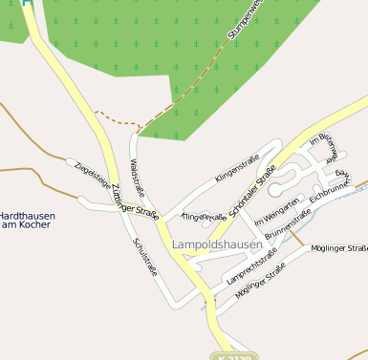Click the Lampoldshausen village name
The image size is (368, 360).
pyautogui.click(x=217, y=244)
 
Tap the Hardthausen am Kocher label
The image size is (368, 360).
pyautogui.click(x=27, y=221)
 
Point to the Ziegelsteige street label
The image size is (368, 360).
pyautogui.click(x=92, y=171)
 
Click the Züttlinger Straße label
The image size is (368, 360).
pyautogui.click(x=133, y=201)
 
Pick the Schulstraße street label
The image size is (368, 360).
pyautogui.click(x=145, y=256)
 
